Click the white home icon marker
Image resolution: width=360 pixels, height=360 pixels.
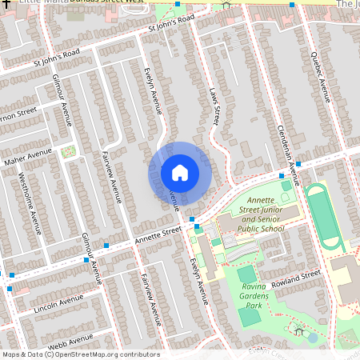point(180,172)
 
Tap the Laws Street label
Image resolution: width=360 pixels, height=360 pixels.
point(214,106)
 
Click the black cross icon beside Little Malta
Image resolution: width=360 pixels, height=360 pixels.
point(5,5)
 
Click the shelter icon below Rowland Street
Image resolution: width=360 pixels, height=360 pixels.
point(299,330)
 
